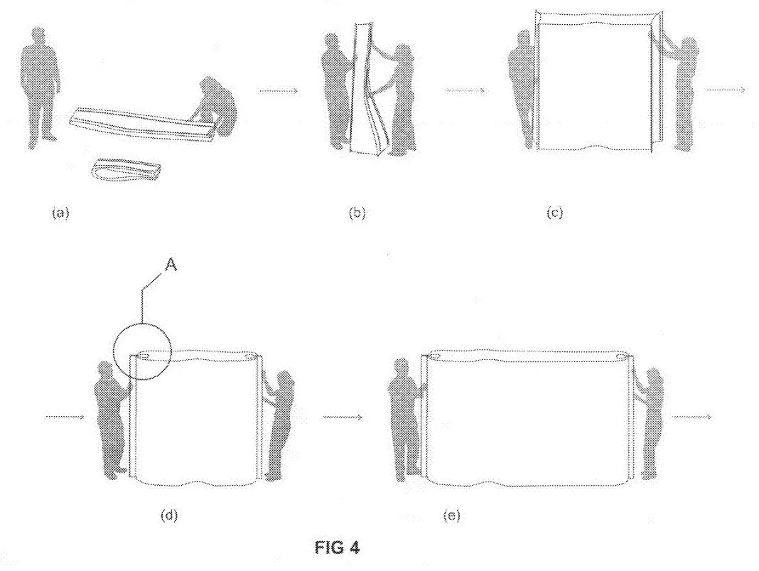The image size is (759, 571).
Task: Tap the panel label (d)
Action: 168,516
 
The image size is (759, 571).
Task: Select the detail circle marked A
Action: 142,351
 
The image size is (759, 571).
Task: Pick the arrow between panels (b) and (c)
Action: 465,91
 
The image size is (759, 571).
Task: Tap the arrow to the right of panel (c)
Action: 726,90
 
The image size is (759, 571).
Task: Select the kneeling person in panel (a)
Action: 215,107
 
